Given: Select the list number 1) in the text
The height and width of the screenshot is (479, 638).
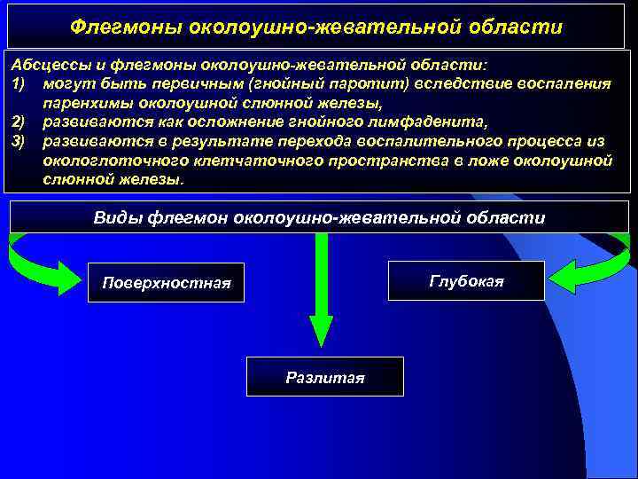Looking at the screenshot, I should click(x=19, y=83).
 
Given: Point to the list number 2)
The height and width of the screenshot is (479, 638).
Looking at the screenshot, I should click(x=19, y=120).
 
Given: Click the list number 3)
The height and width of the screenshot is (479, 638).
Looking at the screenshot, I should click(x=19, y=139).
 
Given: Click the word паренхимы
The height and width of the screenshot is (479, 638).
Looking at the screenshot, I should click(x=85, y=101).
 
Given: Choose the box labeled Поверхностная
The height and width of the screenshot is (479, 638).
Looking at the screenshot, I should click(x=167, y=282).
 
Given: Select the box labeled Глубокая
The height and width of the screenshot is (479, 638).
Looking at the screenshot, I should click(x=466, y=281).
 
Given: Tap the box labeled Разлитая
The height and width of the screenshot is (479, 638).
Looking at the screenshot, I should click(x=324, y=376).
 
